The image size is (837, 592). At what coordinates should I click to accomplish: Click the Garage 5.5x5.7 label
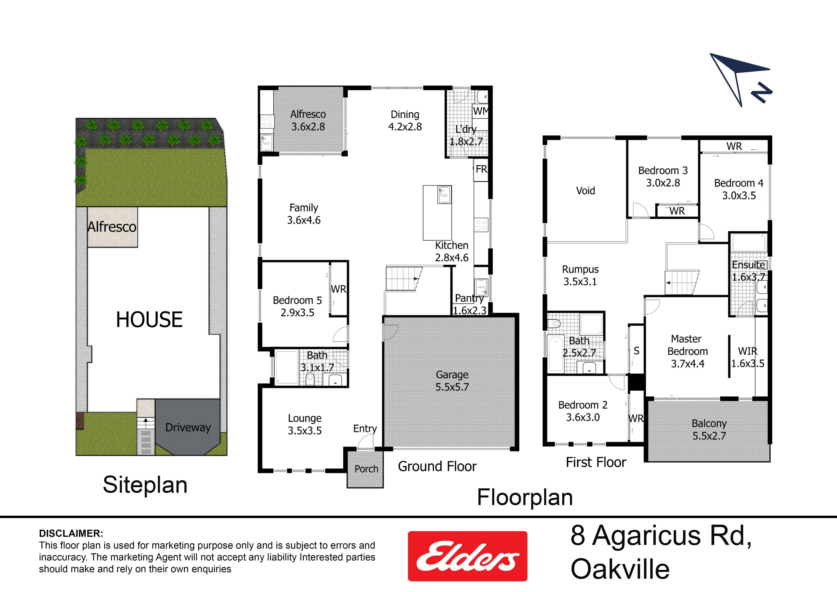452,381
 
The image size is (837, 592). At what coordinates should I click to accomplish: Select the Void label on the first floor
585,191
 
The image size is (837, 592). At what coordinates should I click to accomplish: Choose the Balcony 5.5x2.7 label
709,430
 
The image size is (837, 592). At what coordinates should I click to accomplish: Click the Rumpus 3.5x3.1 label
580,275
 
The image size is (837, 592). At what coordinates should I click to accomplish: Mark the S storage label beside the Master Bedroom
636,351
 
